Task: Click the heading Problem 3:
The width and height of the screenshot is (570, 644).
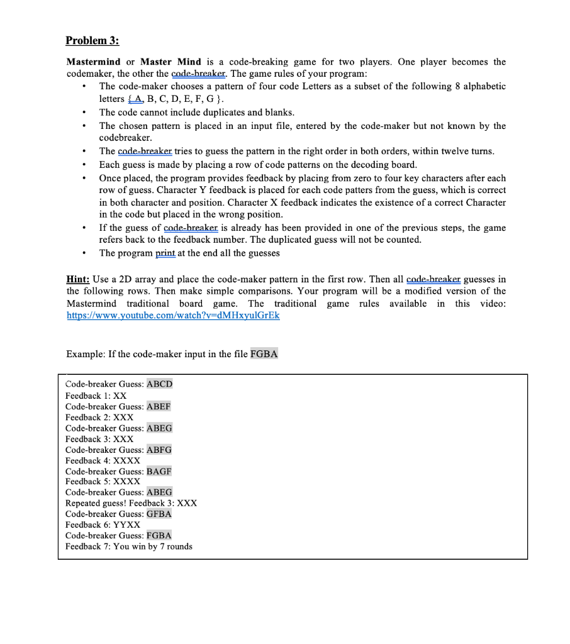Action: click(x=92, y=41)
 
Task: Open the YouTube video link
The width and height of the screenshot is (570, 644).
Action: click(x=173, y=316)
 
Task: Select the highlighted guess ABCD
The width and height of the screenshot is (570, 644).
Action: click(x=159, y=384)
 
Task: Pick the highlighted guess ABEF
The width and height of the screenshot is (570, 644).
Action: click(x=159, y=406)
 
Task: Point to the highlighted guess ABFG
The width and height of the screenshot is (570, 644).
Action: click(x=159, y=450)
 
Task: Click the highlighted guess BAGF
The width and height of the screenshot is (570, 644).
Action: click(x=159, y=471)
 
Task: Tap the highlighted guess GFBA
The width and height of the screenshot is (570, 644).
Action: click(x=159, y=514)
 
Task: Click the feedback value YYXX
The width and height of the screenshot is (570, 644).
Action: click(x=127, y=525)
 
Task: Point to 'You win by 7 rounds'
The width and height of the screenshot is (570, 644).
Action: click(x=153, y=546)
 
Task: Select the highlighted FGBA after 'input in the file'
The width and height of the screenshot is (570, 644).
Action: click(x=264, y=354)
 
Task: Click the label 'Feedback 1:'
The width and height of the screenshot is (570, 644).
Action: click(x=87, y=396)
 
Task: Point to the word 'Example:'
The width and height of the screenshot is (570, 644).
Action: click(x=85, y=354)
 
